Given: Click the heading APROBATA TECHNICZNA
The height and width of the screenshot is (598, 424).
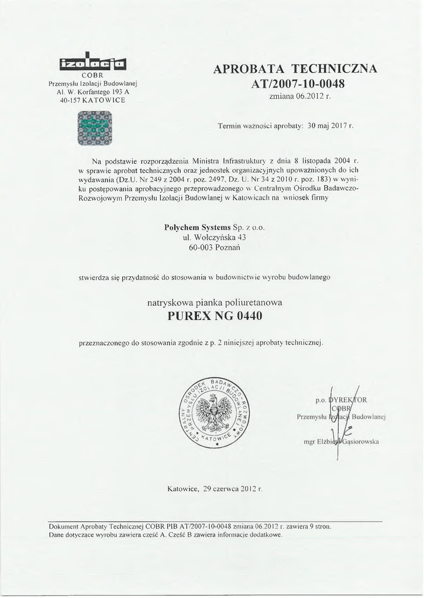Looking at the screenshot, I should point(295,69).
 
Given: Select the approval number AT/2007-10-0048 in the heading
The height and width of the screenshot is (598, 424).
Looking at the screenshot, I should point(298,83).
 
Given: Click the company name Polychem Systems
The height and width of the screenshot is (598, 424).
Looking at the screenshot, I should point(198,227).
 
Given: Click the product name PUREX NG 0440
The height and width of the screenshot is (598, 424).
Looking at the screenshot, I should point(215,317).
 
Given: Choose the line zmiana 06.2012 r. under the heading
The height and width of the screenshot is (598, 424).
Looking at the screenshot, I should point(300,96).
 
